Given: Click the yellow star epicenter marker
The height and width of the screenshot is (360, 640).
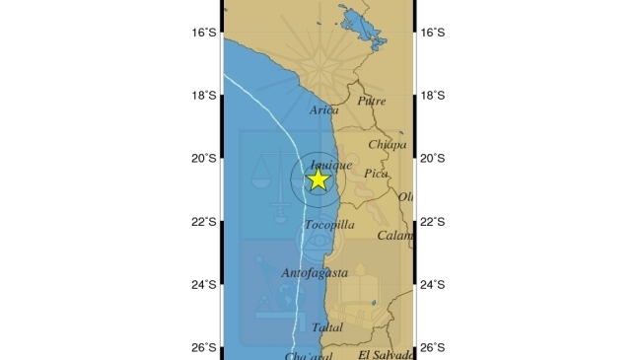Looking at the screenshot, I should tap(318, 179).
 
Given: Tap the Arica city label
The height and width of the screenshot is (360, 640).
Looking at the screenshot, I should tap(324, 110).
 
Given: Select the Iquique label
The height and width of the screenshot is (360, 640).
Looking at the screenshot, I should tap(330, 165).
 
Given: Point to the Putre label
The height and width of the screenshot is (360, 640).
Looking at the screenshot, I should tap(372, 100).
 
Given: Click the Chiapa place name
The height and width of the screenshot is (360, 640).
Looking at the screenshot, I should tap(387, 144).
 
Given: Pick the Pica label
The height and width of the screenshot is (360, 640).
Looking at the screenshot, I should tap(376, 174).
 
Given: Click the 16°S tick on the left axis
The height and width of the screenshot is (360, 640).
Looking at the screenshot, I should tap(204, 33).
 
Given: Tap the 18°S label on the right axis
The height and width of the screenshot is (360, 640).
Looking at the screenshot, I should tap(433, 96).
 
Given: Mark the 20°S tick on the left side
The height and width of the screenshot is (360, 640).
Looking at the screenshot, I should tap(204, 158).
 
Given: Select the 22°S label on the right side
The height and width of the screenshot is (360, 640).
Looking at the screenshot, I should tap(433, 221).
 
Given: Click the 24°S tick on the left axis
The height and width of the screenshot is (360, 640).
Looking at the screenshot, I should tap(204, 284).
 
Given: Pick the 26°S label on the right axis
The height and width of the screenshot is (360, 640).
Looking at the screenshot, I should tap(433, 347).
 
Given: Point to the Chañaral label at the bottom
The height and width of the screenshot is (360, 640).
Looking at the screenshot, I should tap(308, 355).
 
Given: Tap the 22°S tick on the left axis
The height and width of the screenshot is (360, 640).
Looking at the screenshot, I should tap(204, 221).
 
